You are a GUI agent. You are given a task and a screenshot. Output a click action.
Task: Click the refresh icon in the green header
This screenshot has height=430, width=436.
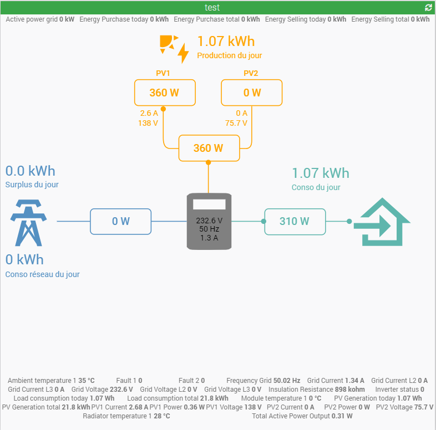(428, 8)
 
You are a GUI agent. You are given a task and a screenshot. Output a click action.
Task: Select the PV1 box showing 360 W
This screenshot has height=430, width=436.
(165, 93)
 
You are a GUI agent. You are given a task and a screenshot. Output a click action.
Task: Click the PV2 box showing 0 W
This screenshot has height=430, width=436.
(252, 93)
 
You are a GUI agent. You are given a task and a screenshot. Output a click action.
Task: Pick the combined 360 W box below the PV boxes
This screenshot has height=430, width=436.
(209, 148)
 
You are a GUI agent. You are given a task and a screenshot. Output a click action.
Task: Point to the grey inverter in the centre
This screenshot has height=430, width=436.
(209, 221)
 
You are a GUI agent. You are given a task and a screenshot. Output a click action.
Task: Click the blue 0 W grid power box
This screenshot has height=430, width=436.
(121, 221)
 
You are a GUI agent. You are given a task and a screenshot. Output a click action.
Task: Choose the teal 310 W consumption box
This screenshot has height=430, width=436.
(295, 221)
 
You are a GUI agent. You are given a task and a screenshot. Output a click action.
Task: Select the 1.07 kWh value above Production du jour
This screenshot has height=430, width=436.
(226, 42)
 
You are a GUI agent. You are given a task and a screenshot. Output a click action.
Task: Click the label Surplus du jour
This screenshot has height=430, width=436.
(32, 185)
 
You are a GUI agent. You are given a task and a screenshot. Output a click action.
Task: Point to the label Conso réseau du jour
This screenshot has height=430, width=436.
(42, 274)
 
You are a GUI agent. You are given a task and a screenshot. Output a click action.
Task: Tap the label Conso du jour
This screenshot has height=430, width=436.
(316, 187)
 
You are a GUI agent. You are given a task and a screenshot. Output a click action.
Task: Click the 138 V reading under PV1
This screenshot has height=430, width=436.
(148, 123)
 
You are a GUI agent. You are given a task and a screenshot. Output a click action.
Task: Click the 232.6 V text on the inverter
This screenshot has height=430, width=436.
(209, 220)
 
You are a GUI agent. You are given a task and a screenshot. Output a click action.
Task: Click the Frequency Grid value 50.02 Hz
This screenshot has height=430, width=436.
(287, 381)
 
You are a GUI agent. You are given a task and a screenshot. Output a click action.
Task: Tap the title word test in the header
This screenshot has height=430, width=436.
(212, 8)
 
